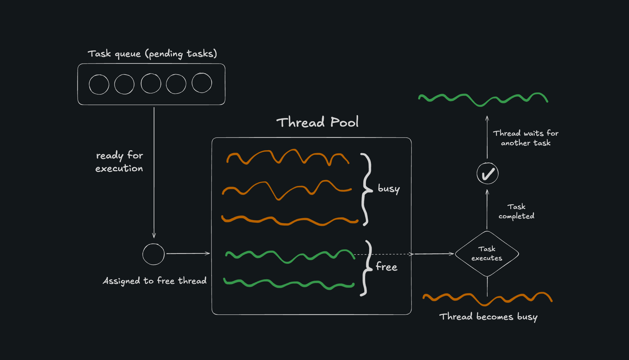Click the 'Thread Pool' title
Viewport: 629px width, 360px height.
(317, 122)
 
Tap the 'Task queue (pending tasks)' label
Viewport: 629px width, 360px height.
(152, 54)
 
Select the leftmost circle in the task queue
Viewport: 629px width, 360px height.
(99, 84)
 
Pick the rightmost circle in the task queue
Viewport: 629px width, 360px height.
(202, 83)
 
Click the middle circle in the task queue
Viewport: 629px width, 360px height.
(151, 84)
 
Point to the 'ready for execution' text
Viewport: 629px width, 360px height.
(119, 162)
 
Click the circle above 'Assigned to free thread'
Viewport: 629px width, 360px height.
(153, 254)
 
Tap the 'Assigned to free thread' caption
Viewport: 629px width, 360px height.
(155, 281)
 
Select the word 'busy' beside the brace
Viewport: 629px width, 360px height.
(388, 189)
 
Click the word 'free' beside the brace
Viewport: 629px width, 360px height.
(386, 267)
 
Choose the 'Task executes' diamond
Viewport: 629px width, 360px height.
(487, 254)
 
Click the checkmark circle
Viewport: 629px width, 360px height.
(488, 174)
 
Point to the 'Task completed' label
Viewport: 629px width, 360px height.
(516, 211)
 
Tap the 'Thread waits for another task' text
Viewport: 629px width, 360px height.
(526, 138)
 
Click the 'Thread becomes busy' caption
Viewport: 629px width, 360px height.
(488, 317)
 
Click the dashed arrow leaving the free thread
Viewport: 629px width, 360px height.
(383, 254)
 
